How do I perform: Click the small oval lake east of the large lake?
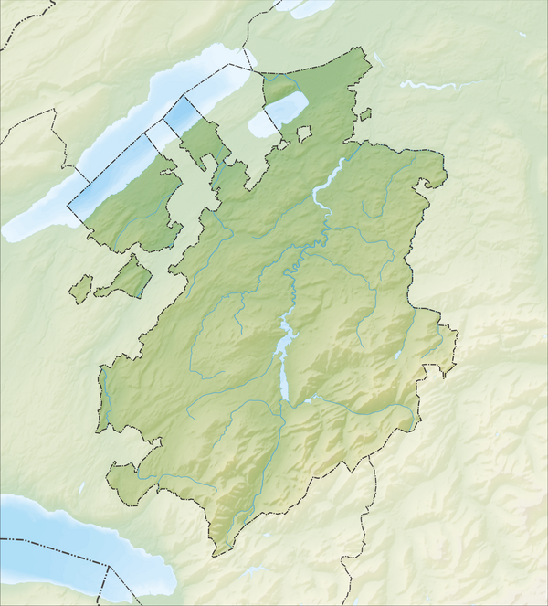tap(279, 112)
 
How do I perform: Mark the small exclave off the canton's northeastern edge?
tap(365, 115)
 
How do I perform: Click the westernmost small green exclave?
tap(80, 289)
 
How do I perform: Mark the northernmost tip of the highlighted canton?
tap(371, 54)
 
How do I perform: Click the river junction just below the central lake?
tap(284, 408)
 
